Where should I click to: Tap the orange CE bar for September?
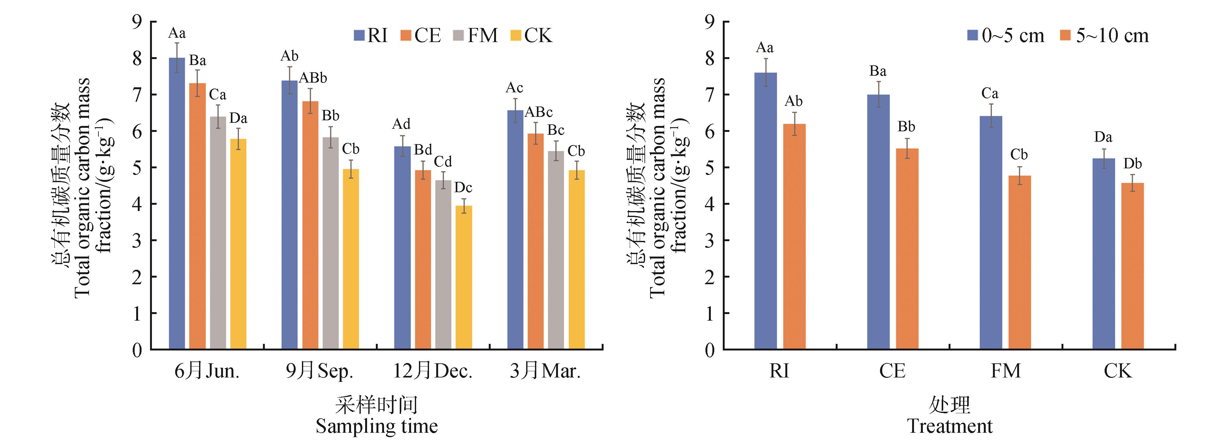(x=310, y=225)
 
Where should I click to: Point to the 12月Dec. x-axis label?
(x=432, y=371)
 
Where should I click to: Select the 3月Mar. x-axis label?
(x=545, y=371)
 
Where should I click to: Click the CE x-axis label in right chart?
(x=892, y=371)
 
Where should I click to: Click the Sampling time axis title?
(x=376, y=426)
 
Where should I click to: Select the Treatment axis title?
(x=950, y=426)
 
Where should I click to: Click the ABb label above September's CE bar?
(x=313, y=78)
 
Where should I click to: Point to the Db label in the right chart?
(x=1133, y=164)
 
